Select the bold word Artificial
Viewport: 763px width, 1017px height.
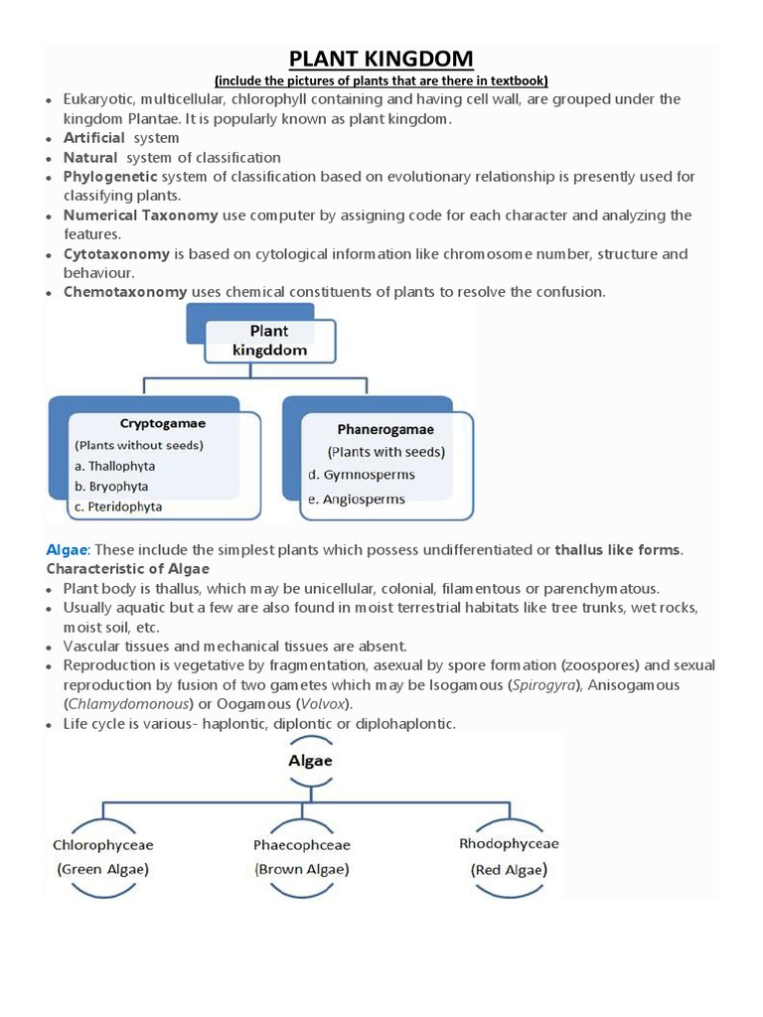(93, 138)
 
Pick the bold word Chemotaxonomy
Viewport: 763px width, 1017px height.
(125, 292)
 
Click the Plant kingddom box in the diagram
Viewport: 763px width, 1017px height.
(269, 341)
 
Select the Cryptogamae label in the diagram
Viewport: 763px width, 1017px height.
(163, 423)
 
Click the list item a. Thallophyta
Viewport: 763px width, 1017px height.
(114, 466)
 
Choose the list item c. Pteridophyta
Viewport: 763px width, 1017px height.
(118, 507)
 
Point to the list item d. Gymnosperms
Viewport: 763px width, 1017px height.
(362, 475)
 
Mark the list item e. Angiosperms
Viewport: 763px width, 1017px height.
(357, 500)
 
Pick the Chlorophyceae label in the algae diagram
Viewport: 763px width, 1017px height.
(103, 846)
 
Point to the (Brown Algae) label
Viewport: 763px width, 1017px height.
(303, 868)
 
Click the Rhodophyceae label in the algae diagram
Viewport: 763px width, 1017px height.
(509, 844)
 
